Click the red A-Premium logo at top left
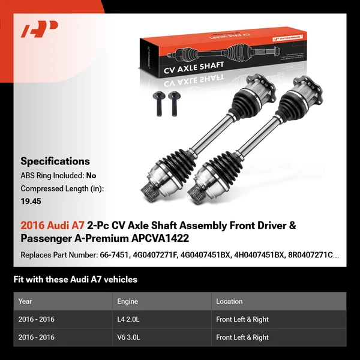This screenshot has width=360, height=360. point(39,29)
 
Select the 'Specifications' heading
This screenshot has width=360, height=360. point(55,161)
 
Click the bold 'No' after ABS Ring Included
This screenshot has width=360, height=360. point(91,176)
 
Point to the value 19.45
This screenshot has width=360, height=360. point(31,202)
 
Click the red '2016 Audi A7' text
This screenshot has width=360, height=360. point(52,226)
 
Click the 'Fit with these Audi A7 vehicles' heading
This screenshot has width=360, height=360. point(75,279)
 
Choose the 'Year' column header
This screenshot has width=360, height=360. point(26,301)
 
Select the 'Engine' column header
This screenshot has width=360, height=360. point(128,301)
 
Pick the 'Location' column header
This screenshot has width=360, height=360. point(229,301)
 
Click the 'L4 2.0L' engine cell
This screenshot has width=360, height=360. point(129,319)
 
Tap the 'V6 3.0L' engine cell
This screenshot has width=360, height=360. point(129,337)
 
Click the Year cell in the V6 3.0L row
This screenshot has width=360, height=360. point(37,337)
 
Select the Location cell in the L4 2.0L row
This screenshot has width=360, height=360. point(242,319)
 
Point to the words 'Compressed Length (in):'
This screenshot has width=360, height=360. point(62,189)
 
